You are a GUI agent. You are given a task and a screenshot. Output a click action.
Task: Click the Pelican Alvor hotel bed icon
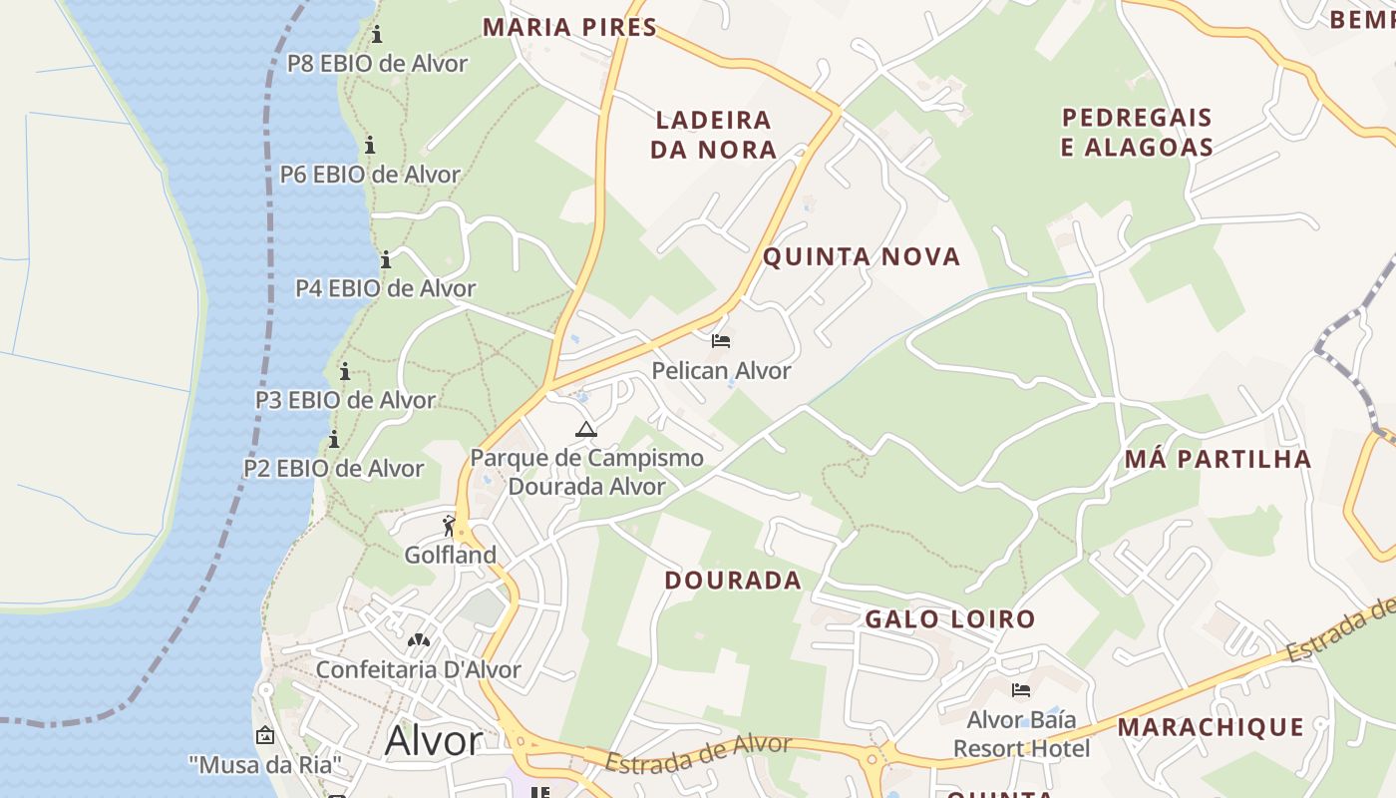pos(721,342)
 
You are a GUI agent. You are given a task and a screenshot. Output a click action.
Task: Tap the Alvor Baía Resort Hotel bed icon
pos(1020,690)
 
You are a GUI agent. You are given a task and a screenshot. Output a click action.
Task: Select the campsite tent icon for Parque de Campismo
pos(585,429)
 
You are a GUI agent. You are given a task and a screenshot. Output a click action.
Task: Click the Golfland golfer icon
pos(449,525)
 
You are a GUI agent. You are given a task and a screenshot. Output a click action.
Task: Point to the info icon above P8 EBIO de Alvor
pos(377,35)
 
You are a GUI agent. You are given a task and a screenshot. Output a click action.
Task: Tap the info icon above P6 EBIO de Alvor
pos(370,145)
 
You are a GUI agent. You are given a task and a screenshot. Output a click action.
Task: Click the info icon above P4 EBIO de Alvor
pos(386,260)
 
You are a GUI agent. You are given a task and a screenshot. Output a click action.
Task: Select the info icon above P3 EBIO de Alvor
pos(345,372)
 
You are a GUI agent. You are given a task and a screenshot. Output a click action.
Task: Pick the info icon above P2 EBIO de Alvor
pos(333,440)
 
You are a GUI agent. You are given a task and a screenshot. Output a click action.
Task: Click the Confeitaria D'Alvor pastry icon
pos(418,639)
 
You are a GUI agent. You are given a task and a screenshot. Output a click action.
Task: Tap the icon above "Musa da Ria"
pos(264,735)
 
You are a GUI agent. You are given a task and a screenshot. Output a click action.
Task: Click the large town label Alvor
pos(433,741)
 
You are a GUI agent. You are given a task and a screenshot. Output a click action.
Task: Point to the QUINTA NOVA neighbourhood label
pos(862,257)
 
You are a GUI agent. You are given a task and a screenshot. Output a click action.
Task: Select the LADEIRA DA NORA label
pos(713,135)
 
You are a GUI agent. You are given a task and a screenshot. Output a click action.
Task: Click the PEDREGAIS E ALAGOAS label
pos(1137,133)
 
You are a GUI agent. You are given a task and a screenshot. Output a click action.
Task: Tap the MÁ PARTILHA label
pos(1217,460)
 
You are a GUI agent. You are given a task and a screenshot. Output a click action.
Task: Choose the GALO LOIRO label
pos(949,619)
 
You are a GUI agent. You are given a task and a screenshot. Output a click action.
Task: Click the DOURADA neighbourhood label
pos(733,581)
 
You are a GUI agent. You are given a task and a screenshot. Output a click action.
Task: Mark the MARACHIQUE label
pos(1210,727)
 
